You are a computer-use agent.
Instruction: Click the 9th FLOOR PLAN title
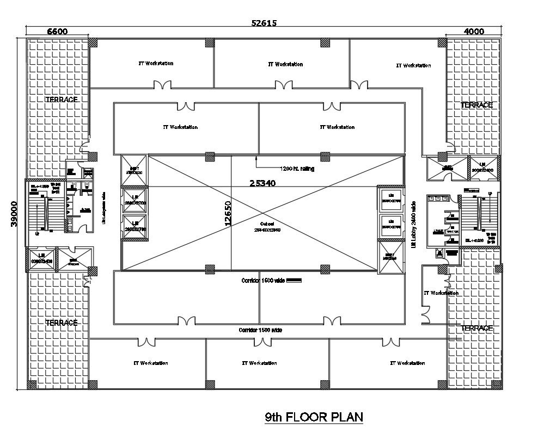click(314, 417)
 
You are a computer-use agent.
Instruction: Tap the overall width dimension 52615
click(264, 23)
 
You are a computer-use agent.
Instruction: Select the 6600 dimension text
click(57, 32)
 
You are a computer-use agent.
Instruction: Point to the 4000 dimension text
click(473, 32)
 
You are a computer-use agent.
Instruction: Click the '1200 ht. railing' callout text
click(297, 169)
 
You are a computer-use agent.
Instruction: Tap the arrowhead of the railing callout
click(256, 158)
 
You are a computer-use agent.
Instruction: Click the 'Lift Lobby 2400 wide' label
click(414, 223)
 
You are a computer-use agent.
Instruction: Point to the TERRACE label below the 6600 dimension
click(61, 100)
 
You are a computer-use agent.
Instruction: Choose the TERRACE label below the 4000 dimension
click(476, 105)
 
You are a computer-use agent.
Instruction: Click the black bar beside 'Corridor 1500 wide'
click(294, 281)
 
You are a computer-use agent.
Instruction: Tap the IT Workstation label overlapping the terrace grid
click(441, 293)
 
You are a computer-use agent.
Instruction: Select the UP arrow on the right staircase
click(490, 194)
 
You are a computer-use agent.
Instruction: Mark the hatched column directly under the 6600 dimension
click(93, 42)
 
